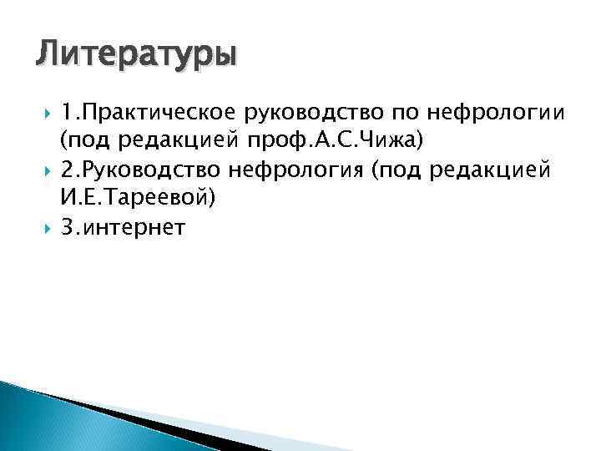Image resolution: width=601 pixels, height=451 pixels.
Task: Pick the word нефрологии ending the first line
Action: click(482, 113)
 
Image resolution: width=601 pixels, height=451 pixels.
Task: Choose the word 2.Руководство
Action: click(135, 171)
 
